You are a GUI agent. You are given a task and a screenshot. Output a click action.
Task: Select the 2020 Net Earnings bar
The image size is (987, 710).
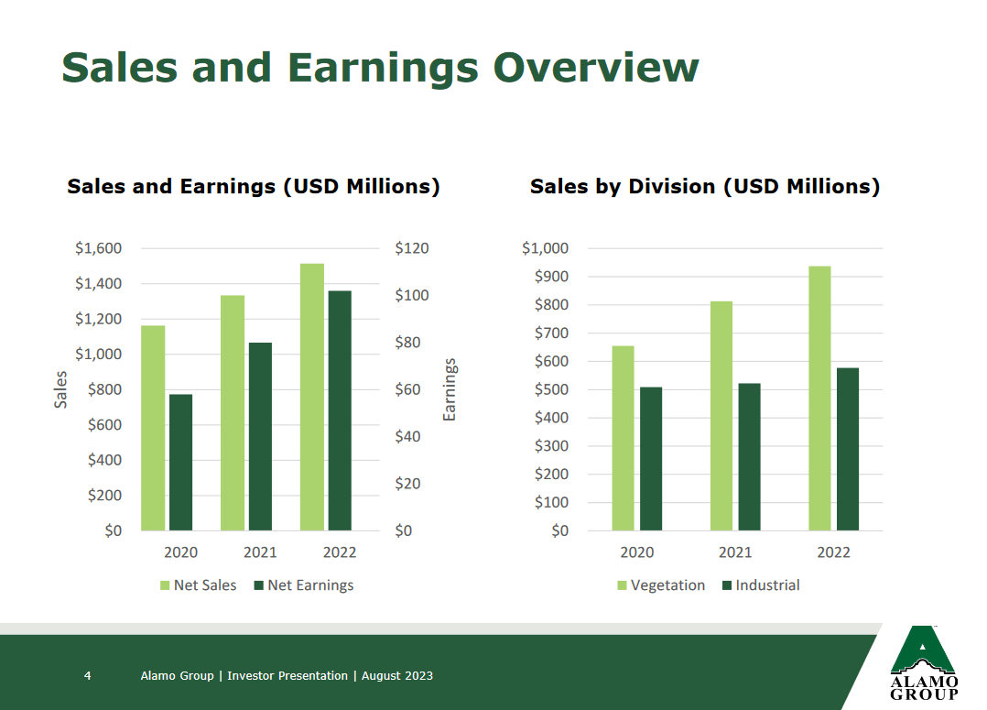click(x=180, y=463)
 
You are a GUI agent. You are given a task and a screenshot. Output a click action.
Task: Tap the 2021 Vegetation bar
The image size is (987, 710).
click(x=721, y=416)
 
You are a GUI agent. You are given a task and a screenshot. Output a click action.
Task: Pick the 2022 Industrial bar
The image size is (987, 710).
click(x=847, y=449)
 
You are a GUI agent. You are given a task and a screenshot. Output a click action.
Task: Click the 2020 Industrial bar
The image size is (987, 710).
click(x=650, y=459)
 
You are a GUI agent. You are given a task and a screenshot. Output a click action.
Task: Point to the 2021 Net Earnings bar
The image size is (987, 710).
click(x=260, y=436)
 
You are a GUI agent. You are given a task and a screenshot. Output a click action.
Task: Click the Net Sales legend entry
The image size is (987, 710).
click(x=199, y=585)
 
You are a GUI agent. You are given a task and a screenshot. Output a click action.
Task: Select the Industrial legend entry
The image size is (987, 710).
click(x=761, y=585)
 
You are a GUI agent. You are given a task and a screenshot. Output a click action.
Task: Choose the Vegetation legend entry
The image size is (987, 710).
click(x=661, y=585)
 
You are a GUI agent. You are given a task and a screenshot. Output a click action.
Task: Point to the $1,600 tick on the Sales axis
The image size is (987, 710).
click(x=98, y=248)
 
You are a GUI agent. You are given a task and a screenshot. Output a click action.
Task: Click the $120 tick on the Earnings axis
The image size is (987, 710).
click(x=412, y=248)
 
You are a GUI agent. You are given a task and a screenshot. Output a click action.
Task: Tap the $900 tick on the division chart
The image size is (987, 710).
click(x=546, y=277)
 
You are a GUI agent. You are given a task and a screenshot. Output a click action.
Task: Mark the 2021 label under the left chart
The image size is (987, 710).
click(x=260, y=552)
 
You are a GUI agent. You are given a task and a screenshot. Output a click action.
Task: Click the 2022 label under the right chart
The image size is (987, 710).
click(x=833, y=552)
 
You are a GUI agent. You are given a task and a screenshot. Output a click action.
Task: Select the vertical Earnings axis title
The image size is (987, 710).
click(x=450, y=389)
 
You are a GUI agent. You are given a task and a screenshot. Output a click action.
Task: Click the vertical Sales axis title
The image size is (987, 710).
click(x=61, y=389)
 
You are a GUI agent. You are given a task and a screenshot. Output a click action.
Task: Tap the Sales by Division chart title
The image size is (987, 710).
click(x=704, y=187)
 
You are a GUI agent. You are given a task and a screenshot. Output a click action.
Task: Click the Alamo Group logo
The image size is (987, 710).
click(x=924, y=661)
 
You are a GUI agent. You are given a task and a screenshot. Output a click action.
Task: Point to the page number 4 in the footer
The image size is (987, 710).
click(x=87, y=676)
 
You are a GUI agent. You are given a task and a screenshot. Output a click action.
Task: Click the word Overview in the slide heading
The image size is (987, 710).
click(x=596, y=69)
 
